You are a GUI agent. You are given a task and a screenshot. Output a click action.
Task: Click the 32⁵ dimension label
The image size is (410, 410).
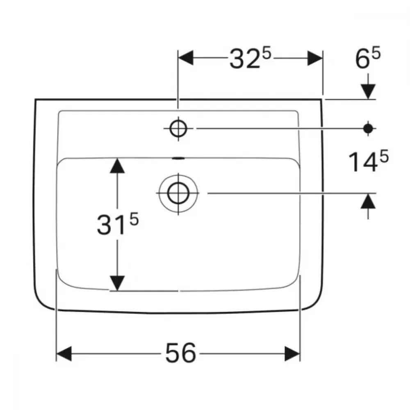tap(251, 59)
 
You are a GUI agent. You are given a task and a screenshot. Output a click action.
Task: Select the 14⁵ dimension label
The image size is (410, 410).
tap(369, 161)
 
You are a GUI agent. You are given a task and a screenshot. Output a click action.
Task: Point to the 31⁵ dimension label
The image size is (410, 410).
tap(118, 223)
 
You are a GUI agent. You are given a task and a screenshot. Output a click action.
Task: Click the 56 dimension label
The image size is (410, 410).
tap(181, 353)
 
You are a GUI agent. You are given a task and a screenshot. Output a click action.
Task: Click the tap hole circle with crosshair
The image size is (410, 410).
tap(178, 128)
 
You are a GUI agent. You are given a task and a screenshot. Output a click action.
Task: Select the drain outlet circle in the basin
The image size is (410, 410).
tap(178, 193)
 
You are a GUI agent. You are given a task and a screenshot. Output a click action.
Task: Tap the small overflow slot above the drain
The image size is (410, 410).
tap(179, 158)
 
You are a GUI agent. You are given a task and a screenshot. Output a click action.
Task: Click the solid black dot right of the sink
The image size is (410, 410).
tap(368, 128)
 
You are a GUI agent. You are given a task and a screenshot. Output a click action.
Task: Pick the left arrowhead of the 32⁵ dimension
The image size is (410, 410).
tap(186, 58)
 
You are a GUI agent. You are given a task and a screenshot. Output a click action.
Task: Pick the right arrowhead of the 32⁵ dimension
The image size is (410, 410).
tap(315, 58)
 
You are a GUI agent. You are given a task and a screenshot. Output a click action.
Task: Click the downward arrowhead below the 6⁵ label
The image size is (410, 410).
tap(368, 91)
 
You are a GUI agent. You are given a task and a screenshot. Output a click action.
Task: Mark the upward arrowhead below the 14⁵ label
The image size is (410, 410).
tap(368, 201)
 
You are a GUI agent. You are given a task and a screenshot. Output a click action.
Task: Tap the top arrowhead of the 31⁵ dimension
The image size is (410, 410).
tap(117, 166)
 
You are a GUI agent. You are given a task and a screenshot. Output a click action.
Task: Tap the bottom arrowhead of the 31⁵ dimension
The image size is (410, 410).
tap(117, 283)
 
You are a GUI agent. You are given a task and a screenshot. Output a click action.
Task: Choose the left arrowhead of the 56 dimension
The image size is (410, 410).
tap(64, 354)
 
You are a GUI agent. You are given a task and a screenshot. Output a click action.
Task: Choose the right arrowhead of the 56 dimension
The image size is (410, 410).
tap(292, 354)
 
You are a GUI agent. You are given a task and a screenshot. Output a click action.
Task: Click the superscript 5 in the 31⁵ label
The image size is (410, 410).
tap(134, 219)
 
